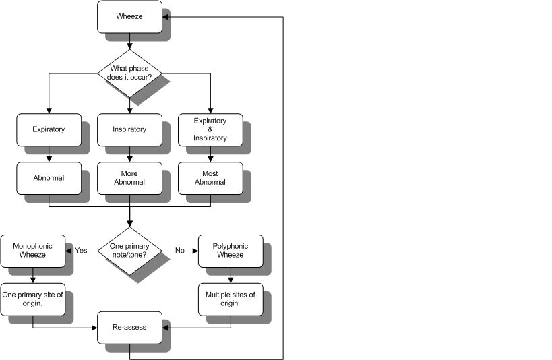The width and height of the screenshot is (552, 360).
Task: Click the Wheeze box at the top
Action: [129, 16]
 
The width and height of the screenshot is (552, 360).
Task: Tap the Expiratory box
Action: [49, 129]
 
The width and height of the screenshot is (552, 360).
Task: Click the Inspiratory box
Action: [129, 129]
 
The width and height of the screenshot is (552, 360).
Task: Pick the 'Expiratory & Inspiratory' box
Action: [210, 129]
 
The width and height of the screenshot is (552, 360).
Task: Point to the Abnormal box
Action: [49, 178]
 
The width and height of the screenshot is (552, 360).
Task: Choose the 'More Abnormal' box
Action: [129, 178]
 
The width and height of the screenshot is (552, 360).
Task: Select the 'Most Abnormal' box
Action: [210, 178]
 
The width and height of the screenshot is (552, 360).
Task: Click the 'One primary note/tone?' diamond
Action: [129, 250]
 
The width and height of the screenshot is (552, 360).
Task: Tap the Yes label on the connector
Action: [82, 250]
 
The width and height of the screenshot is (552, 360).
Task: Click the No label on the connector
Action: [180, 250]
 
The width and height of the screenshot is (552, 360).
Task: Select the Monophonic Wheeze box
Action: [32, 250]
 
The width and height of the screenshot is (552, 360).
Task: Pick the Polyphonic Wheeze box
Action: [231, 250]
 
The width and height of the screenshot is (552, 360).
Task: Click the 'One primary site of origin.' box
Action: [32, 299]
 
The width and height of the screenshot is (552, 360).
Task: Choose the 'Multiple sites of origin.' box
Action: [231, 299]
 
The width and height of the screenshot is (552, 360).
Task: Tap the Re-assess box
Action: [129, 327]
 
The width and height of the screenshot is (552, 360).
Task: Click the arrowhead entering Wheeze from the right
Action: [166, 16]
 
